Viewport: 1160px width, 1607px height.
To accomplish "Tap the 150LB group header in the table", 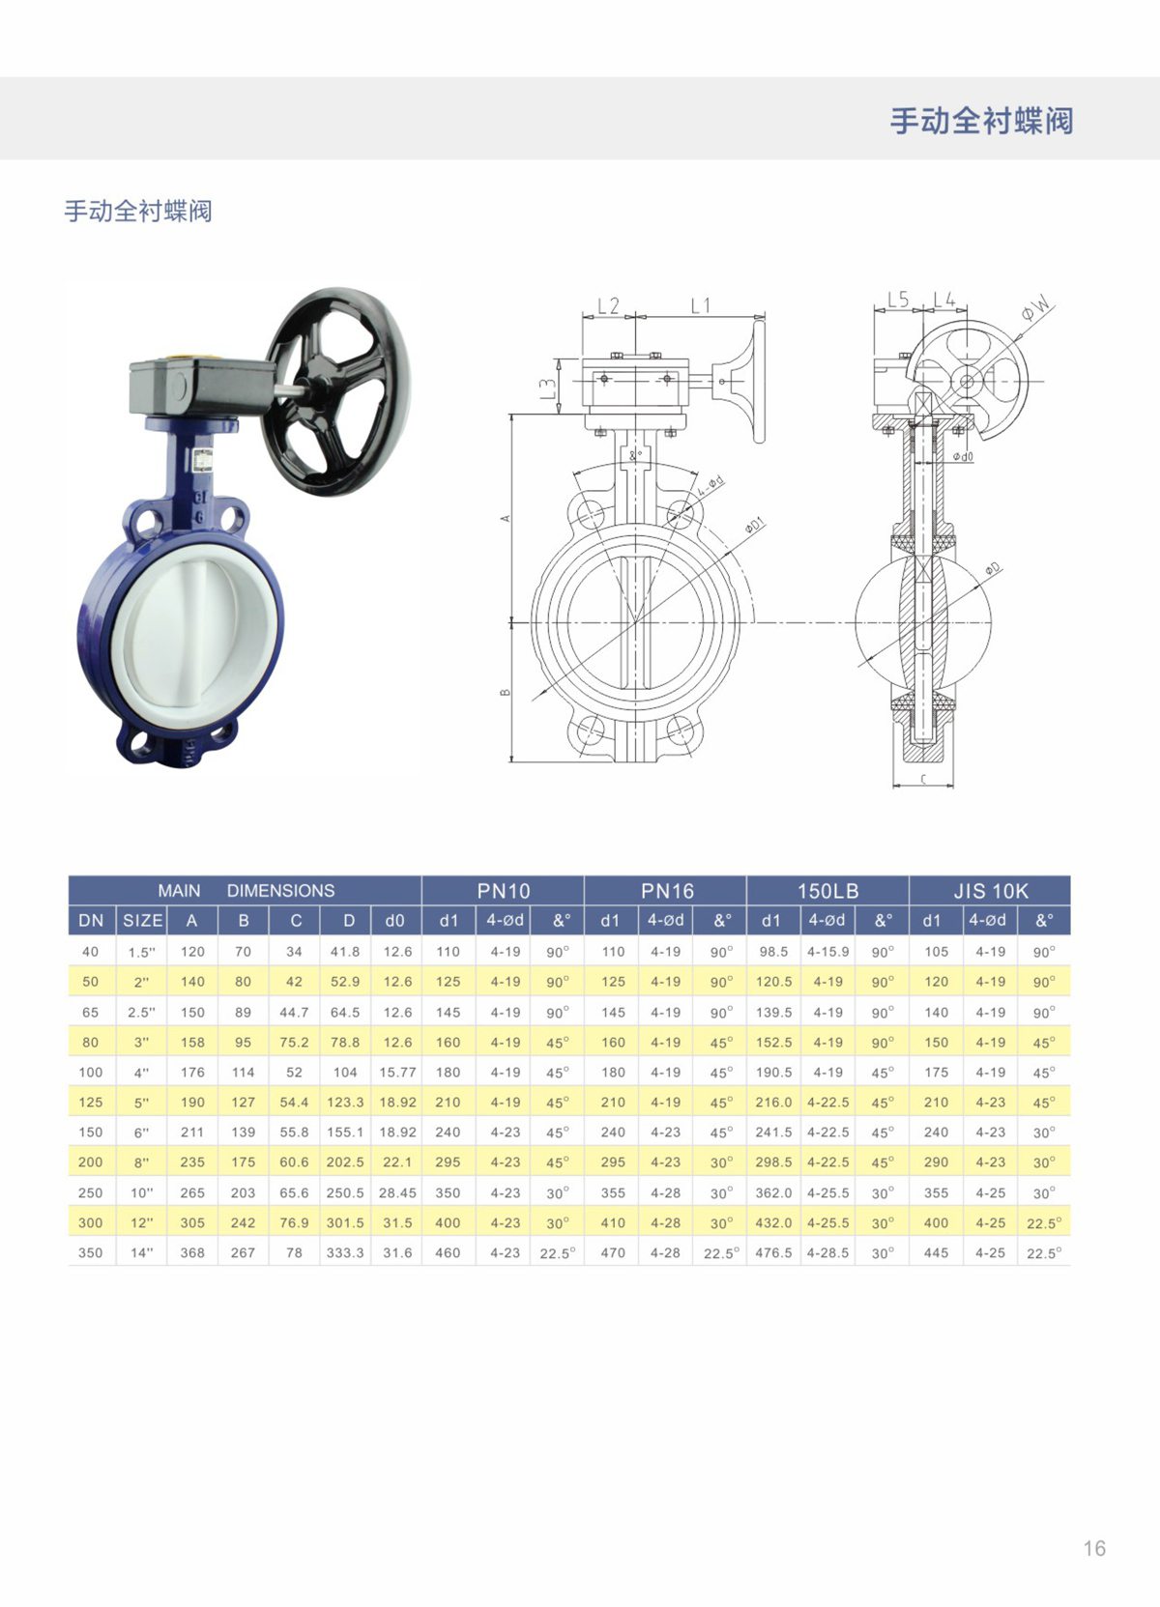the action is point(827,891).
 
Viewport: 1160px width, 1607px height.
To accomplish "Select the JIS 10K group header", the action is point(991,891).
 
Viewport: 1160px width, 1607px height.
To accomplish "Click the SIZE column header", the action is point(142,921).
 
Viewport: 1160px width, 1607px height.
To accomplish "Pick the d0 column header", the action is point(394,921).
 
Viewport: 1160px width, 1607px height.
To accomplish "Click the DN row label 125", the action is point(91,1102).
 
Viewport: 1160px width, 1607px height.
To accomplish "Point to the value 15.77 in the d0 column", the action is point(397,1072).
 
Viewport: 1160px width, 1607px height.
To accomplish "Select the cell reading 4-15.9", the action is point(827,951).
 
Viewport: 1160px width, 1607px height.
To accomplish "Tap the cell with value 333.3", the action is point(345,1252).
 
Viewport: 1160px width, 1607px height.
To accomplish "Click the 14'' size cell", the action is point(141,1252).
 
